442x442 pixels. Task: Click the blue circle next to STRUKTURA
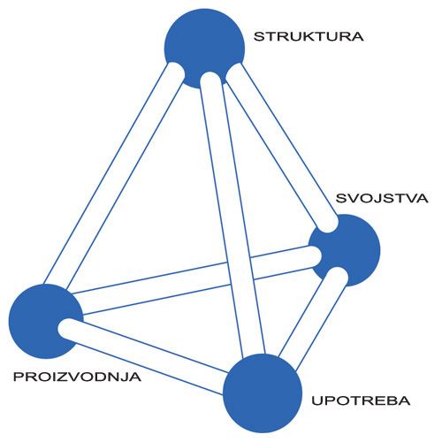coord(204,49)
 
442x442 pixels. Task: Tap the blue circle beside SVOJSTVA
coord(344,250)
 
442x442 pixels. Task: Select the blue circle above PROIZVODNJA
coord(46,321)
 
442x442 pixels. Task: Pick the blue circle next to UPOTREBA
coord(263,393)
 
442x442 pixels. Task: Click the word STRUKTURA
coord(309,36)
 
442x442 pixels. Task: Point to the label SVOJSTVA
coord(382,198)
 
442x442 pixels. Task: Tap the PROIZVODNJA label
coord(77,377)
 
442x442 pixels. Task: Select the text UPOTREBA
coord(361,400)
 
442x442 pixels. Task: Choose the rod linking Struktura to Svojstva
coord(281,148)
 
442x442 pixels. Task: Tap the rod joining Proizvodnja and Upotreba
coord(144,356)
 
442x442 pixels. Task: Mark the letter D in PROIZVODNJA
coord(101,377)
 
